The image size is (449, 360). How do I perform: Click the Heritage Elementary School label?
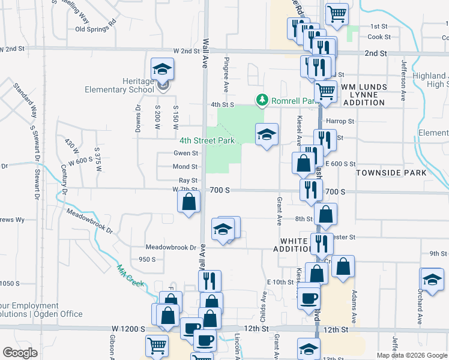[125, 85]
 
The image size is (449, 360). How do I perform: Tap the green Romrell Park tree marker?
[261, 100]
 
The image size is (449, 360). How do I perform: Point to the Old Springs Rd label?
[95, 28]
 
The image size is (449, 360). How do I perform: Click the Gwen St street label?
[185, 154]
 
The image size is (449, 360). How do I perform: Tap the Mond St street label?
[185, 167]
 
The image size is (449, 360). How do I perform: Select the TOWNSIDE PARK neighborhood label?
[391, 173]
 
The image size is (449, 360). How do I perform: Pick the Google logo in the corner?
[20, 352]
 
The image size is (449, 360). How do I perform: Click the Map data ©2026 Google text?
[412, 355]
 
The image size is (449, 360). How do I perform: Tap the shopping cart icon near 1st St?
[337, 13]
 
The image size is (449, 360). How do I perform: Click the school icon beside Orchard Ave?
[432, 280]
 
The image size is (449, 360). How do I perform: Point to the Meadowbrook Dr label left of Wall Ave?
[171, 247]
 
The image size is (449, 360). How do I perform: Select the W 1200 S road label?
[128, 329]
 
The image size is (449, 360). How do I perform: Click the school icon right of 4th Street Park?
[267, 134]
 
